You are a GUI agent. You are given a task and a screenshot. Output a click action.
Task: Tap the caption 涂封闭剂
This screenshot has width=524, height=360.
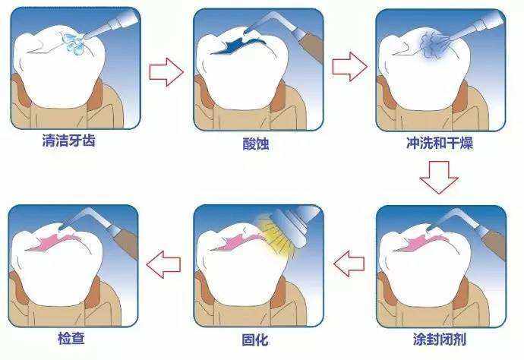[440, 339]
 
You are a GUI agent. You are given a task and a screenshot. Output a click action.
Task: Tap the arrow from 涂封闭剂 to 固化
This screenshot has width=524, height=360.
[349, 264]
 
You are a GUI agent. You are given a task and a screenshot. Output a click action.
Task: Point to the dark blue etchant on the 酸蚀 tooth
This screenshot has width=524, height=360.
[228, 49]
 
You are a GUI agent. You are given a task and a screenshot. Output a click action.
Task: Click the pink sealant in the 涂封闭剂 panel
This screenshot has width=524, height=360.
[414, 243]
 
